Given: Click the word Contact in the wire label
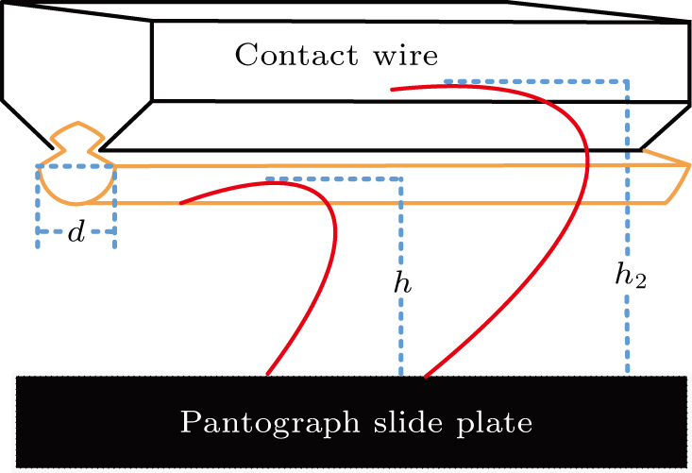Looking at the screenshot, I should (287, 56).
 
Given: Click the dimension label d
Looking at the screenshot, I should (76, 232).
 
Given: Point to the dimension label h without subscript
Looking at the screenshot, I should (403, 281).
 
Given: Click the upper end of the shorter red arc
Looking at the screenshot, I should (180, 202).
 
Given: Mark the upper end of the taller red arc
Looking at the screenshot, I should (391, 91).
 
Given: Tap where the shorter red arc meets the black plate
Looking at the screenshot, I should (268, 375).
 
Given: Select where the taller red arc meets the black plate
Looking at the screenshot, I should (426, 375).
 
